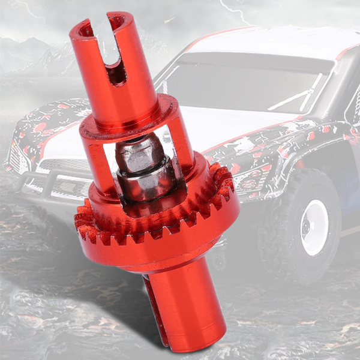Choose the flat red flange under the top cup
(129, 120)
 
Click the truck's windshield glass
(240, 84)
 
